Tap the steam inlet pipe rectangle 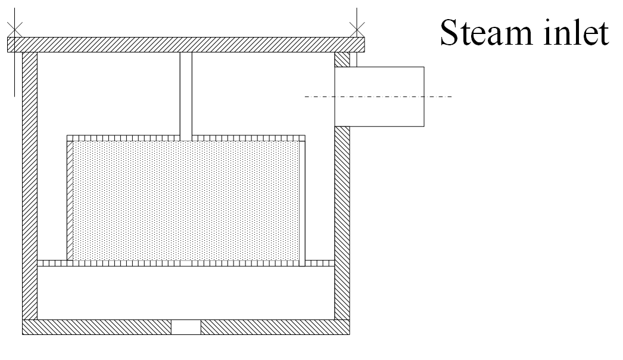point(379,96)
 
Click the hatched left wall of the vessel point(30,185)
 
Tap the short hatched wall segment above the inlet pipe point(342,59)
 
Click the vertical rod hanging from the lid point(186,95)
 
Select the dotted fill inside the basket point(185,200)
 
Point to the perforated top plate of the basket point(185,138)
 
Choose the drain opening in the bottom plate point(186,327)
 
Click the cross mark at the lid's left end point(15,28)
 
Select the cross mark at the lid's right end point(357,28)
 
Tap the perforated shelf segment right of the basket point(320,263)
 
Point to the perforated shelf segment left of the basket point(52,263)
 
